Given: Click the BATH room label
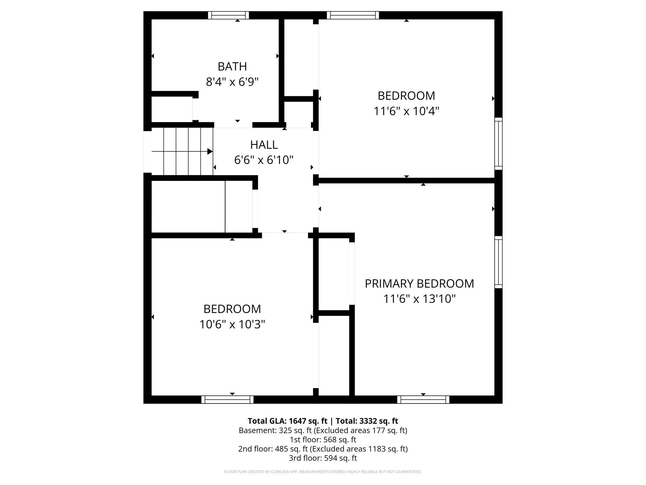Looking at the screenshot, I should pos(232,67).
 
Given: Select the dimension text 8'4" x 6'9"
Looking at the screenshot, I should pos(232,82).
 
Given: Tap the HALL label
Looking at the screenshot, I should pos(264,145).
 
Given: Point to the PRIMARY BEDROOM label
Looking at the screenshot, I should pos(419,284).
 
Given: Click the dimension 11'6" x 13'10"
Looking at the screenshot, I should pos(419,299).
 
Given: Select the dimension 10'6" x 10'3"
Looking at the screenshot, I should pos(232,325).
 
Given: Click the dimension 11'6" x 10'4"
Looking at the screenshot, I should pos(406,111).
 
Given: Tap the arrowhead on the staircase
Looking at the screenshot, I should pos(210,151).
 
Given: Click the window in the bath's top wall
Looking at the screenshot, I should pos(228,15).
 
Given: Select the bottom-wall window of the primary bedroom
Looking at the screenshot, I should pos(423,400).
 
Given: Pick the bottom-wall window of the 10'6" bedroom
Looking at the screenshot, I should pos(227,400).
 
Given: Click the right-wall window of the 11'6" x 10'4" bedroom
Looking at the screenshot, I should pos(498,144).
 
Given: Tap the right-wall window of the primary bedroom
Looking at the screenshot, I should pos(498,262).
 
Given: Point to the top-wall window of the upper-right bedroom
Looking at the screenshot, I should pos(353,15).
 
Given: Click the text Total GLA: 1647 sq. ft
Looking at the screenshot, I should pos(287,421).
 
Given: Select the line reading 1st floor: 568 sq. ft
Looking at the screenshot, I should pos(323,440).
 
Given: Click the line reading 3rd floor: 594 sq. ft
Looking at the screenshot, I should pos(323,458).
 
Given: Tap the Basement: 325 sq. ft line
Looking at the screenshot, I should pos(323,430).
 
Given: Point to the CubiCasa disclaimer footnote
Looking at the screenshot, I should pos(323,472).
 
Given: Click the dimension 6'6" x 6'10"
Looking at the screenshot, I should pos(264,160).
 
